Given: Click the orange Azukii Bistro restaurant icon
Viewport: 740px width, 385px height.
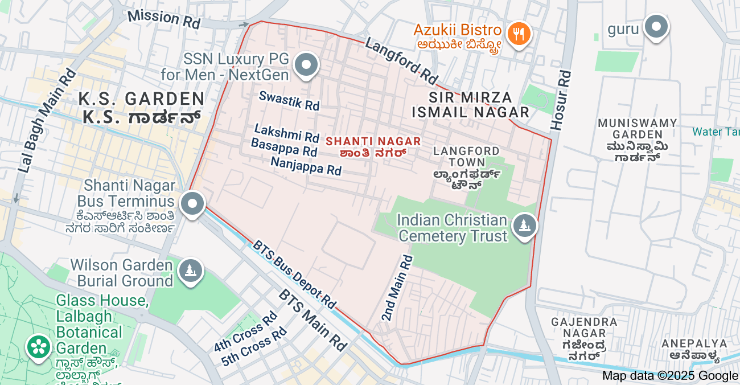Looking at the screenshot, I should pos(518,34).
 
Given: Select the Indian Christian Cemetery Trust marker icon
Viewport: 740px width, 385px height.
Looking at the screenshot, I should pos(524,226).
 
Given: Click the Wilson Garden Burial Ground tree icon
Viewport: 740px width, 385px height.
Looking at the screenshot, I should pos(190,270).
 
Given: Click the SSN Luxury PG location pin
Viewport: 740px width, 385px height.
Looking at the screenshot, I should pos(307,65).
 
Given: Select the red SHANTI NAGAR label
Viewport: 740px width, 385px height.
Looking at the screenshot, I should pos(373,141).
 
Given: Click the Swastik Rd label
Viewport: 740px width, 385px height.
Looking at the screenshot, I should pos(289,100).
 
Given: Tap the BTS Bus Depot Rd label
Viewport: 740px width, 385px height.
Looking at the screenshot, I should pos(294,274).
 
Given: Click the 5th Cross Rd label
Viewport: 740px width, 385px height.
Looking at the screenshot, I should pos(254,347).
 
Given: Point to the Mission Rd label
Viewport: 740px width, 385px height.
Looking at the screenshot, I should pos(164,19).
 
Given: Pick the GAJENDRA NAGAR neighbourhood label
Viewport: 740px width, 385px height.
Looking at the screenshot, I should pos(583,338).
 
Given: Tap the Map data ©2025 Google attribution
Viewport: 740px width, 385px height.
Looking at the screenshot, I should pos(670,375).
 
